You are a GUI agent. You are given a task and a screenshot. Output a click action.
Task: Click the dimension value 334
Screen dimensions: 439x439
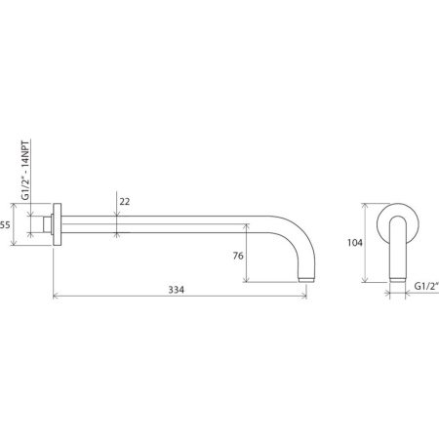tap(177, 290)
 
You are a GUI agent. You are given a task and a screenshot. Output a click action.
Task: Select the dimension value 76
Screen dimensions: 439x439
tap(238, 256)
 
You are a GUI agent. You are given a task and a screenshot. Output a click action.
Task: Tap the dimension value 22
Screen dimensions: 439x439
tap(125, 202)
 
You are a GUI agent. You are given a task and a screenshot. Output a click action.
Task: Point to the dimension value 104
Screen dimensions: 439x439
tap(355, 243)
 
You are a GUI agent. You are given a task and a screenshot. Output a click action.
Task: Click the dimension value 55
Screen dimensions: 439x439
tap(5, 224)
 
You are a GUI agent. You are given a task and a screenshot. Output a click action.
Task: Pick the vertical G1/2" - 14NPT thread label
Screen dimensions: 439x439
tap(25, 170)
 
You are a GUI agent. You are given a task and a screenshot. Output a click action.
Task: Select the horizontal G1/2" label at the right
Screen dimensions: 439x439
tap(426, 286)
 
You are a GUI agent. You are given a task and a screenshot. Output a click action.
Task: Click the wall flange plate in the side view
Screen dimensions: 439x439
tap(57, 224)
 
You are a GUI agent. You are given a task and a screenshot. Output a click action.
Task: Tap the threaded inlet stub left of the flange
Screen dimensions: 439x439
tap(48, 224)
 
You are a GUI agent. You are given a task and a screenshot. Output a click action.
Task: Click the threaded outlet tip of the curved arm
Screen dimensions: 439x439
tap(306, 280)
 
